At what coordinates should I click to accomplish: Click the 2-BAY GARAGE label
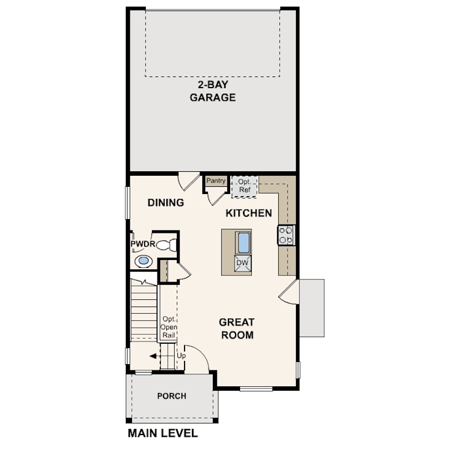click(x=213, y=91)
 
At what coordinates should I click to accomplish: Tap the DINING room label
click(x=166, y=203)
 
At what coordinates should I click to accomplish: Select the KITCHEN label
click(x=248, y=213)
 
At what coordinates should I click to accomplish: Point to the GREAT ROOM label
click(x=237, y=329)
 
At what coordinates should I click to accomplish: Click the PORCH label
click(x=172, y=396)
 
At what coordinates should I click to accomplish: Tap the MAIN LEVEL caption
click(x=162, y=433)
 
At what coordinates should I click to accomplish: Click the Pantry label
click(x=216, y=181)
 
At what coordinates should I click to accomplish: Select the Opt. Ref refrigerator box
click(x=244, y=186)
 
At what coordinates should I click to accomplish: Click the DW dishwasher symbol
click(x=243, y=263)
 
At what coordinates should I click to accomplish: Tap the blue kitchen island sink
click(x=244, y=243)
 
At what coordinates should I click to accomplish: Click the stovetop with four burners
click(x=286, y=235)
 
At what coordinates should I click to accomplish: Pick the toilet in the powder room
click(x=167, y=245)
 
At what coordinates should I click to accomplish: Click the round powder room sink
click(x=144, y=261)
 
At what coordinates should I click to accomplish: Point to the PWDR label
click(x=143, y=244)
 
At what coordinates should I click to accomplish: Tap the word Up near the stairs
click(x=181, y=356)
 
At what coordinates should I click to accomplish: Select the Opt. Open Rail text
click(x=169, y=327)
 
